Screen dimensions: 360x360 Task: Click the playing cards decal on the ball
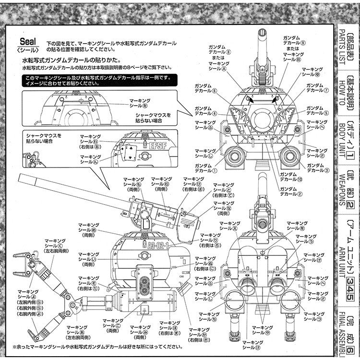click(x=130, y=153)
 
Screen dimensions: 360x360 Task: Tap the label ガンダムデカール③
click(x=318, y=168)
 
